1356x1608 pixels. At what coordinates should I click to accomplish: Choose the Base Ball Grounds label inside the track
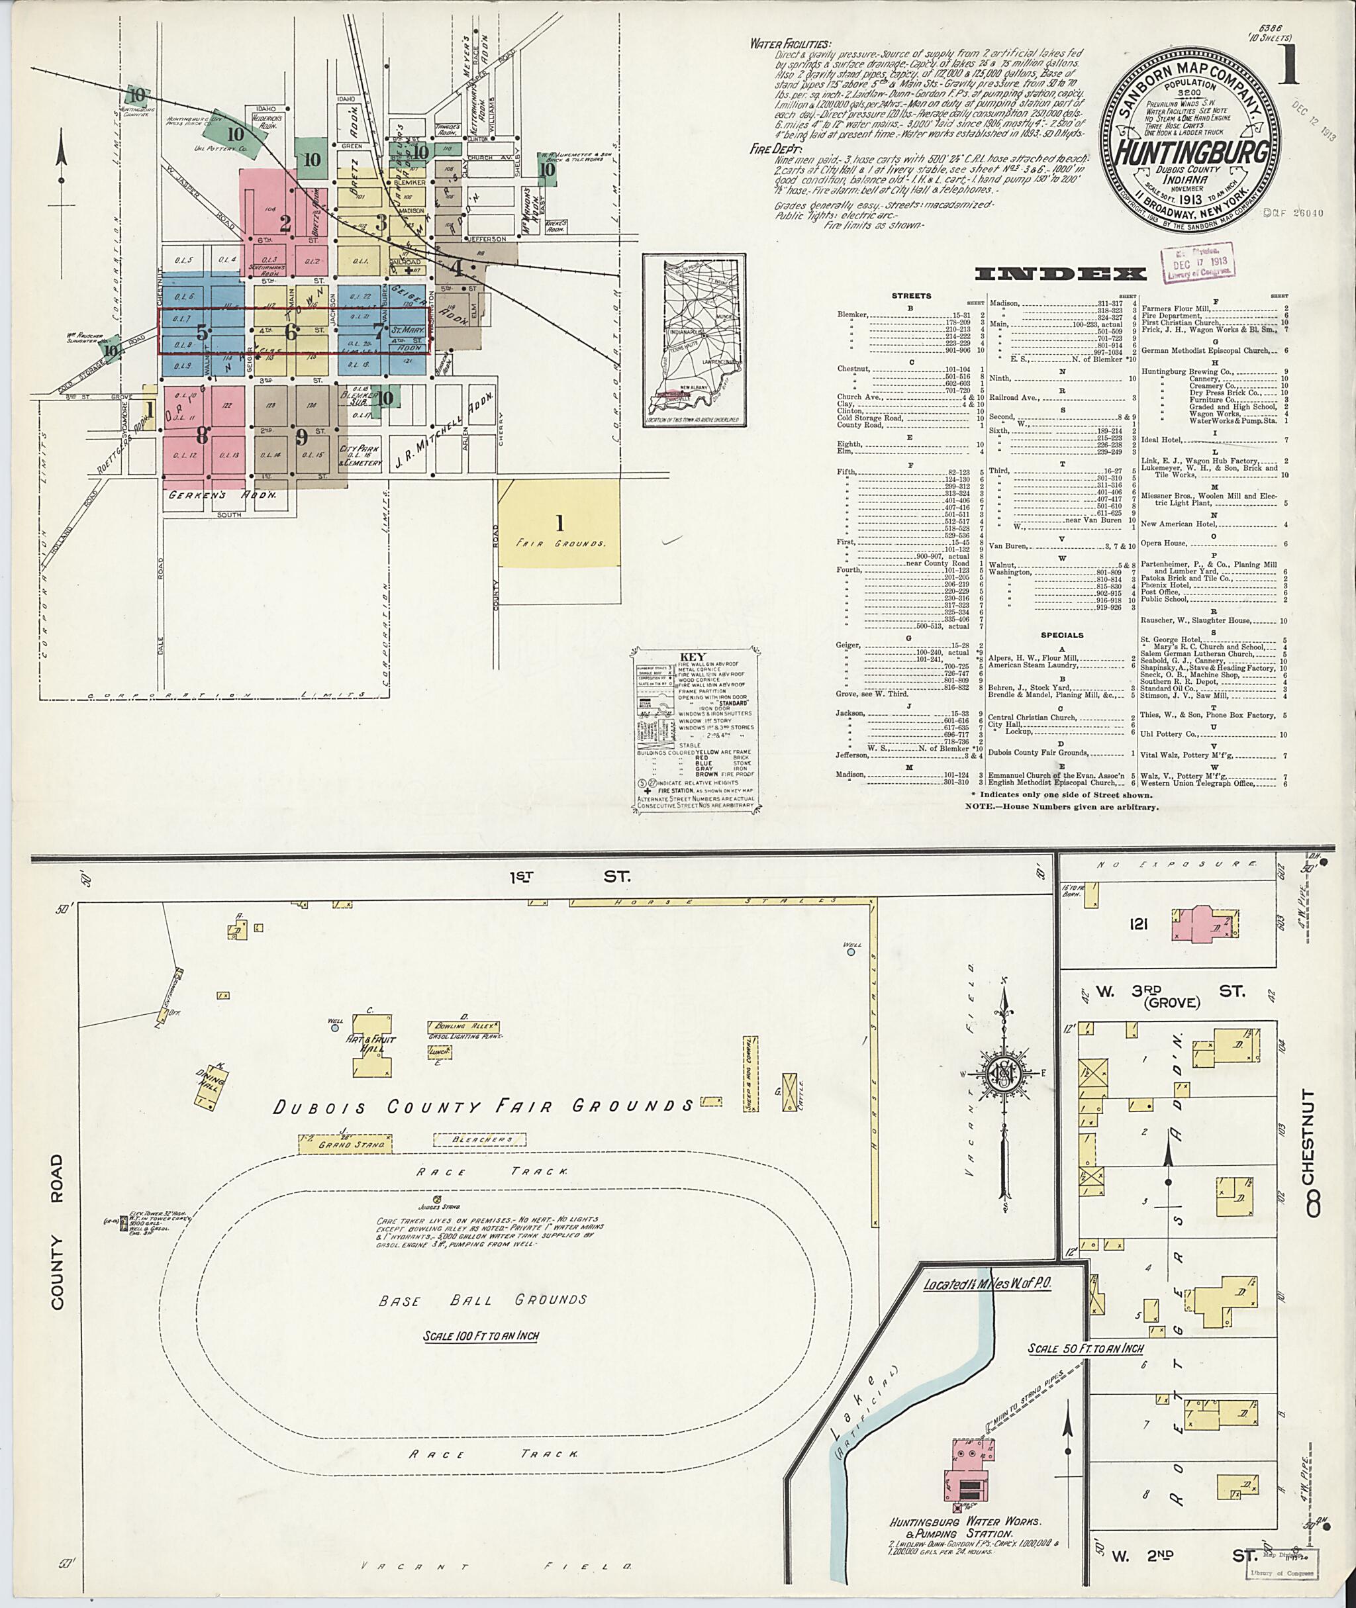(x=483, y=1300)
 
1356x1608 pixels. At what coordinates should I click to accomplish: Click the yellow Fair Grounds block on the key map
(x=559, y=524)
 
